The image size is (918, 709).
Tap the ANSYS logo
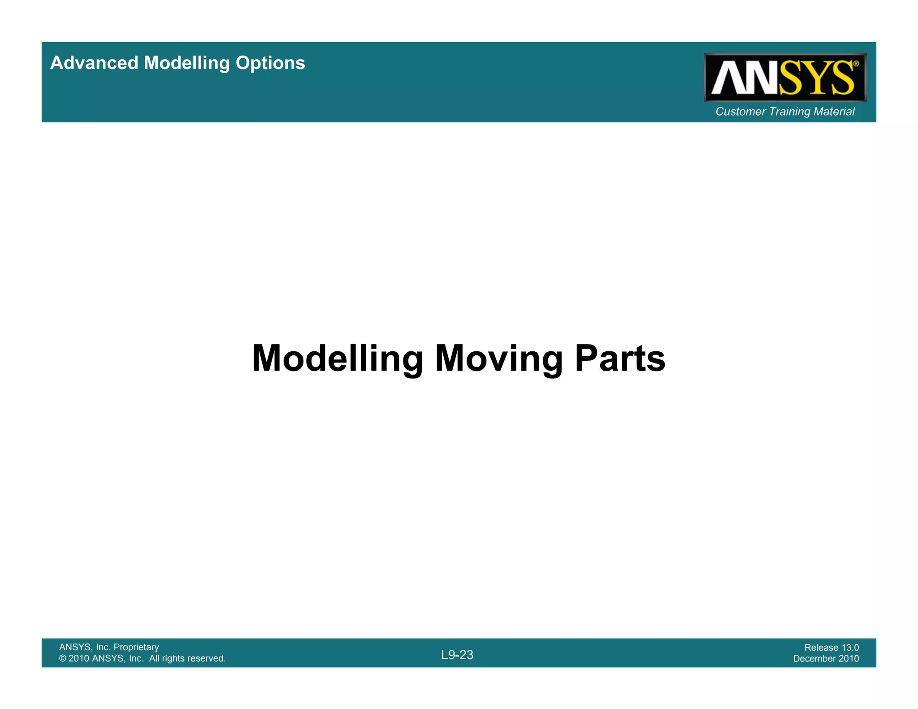click(x=784, y=78)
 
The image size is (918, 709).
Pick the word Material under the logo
click(x=834, y=112)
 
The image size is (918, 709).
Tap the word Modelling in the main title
click(x=337, y=358)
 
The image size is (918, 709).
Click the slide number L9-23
click(x=457, y=655)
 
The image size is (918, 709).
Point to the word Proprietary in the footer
click(x=136, y=647)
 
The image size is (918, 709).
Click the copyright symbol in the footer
click(x=63, y=658)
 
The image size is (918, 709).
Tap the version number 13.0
click(x=850, y=648)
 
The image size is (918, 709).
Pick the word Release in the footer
click(x=821, y=648)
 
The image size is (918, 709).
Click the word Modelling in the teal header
click(x=187, y=63)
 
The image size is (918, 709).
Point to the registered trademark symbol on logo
click(x=856, y=64)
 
